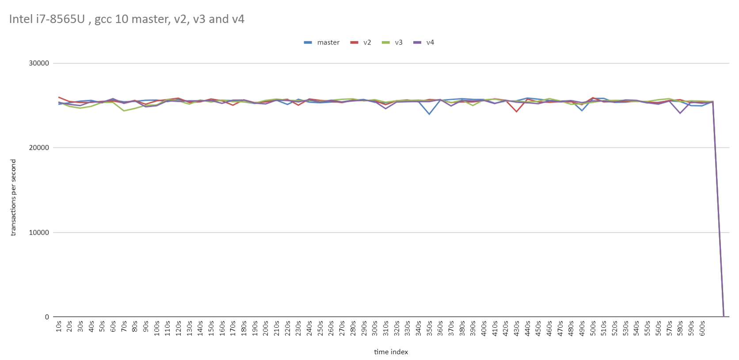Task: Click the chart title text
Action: pyautogui.click(x=126, y=19)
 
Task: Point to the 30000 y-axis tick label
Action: pyautogui.click(x=39, y=63)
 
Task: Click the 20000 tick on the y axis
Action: pyautogui.click(x=39, y=148)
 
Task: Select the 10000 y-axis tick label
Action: pyautogui.click(x=39, y=232)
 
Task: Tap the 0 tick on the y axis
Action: pyautogui.click(x=47, y=317)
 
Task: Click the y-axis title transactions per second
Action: pyautogui.click(x=13, y=197)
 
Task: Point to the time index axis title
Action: pyautogui.click(x=391, y=352)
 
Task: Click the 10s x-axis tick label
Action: pyautogui.click(x=59, y=326)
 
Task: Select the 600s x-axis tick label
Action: pyautogui.click(x=702, y=328)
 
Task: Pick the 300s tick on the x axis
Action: pyautogui.click(x=375, y=328)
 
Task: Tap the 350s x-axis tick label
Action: pyautogui.click(x=430, y=328)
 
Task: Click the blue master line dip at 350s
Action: pyautogui.click(x=429, y=114)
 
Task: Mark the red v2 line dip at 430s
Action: pyautogui.click(x=516, y=111)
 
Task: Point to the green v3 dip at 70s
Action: pyautogui.click(x=124, y=110)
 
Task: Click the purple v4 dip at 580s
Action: pyautogui.click(x=680, y=113)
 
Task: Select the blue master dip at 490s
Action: pyautogui.click(x=582, y=110)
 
